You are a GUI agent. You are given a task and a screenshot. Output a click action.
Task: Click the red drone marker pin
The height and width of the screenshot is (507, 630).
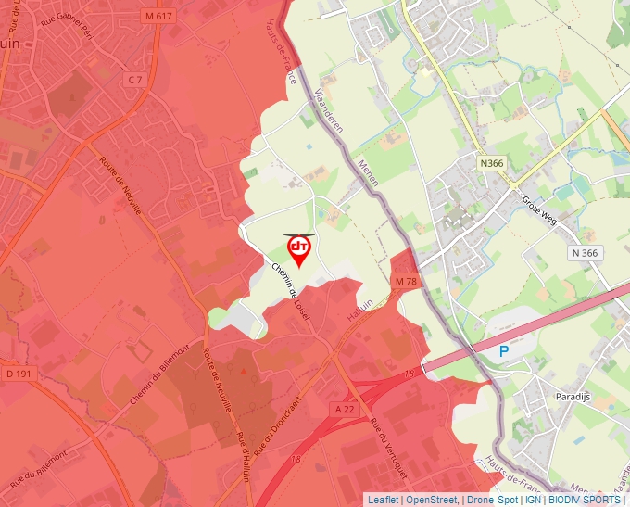coord(299,250)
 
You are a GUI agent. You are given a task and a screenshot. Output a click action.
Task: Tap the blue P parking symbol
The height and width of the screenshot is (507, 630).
coord(504,351)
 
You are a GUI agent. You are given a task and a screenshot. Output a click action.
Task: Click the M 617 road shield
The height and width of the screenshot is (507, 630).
coord(159,16)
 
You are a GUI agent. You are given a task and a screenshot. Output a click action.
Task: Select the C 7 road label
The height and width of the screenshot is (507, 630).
coord(135,80)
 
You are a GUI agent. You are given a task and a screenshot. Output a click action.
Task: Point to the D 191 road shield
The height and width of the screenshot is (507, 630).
coord(19,374)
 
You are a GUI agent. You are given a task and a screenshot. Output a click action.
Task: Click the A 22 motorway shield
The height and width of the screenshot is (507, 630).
coord(344,409)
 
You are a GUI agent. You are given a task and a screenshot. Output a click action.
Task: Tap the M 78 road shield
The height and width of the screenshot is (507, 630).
coord(406,281)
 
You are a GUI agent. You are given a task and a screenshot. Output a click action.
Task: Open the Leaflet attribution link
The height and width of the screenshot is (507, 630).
coord(382,500)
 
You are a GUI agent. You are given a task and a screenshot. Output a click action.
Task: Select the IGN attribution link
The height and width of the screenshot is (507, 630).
coord(533,500)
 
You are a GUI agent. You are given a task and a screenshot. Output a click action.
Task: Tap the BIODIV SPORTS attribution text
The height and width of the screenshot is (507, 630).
coord(584,500)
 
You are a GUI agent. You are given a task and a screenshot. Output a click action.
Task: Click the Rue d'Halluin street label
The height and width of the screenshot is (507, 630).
coord(243,455)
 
